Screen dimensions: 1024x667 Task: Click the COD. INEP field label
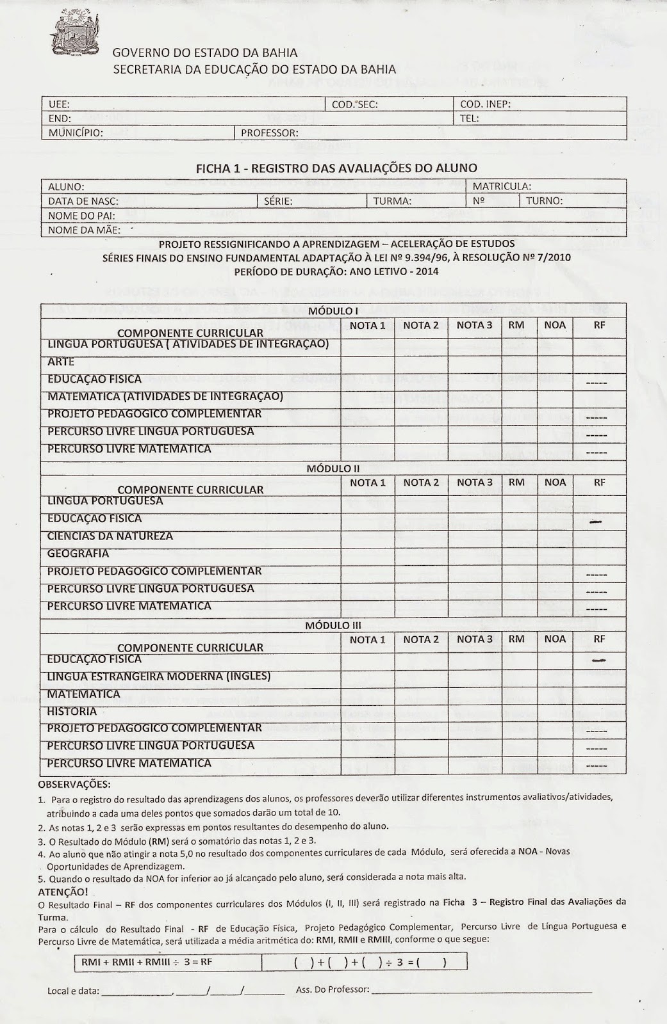[485, 104]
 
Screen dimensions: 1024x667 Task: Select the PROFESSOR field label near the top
[269, 133]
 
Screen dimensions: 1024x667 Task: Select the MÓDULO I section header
[333, 311]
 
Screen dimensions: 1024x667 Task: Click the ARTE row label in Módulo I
[61, 362]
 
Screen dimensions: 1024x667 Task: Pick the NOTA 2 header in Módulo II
[421, 483]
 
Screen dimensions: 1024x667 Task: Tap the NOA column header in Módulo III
[555, 639]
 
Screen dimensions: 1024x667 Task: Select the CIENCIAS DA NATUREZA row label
[110, 536]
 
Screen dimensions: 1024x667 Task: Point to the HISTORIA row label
[72, 711]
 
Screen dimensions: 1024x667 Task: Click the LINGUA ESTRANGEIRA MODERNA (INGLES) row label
[159, 676]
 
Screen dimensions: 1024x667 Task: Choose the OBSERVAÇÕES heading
[74, 783]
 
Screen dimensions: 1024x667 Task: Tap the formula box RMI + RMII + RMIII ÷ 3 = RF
[147, 962]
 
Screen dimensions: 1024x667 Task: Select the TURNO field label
[544, 201]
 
